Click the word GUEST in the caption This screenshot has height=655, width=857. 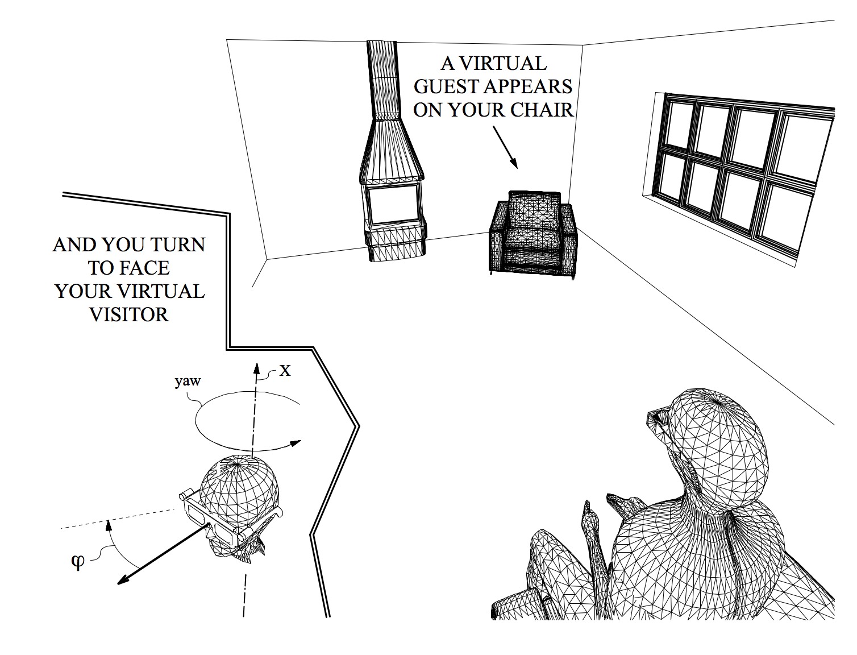[x=445, y=86]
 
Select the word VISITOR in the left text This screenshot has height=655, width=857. [x=129, y=314]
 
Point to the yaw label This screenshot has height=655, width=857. [x=188, y=381]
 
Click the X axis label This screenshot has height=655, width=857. [x=285, y=371]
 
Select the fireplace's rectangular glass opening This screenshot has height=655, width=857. [x=393, y=205]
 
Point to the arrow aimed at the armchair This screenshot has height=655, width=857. [x=505, y=147]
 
